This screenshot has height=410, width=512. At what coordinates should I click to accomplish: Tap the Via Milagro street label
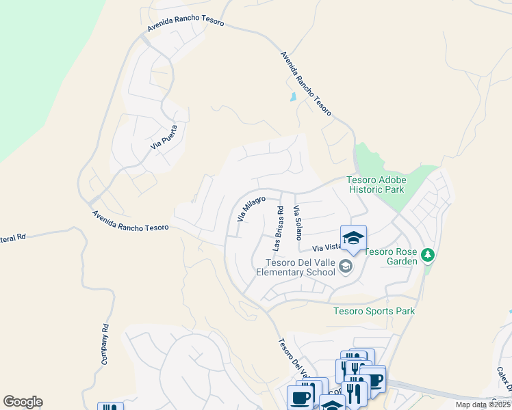[251, 208]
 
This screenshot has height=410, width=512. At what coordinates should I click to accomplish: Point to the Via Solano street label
[298, 223]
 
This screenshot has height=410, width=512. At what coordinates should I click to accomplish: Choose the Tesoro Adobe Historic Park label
[376, 184]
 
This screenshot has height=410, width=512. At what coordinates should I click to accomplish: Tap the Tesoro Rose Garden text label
[391, 256]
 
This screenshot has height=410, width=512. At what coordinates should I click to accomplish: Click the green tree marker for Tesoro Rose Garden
[428, 255]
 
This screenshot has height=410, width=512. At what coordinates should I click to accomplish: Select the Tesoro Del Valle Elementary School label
[296, 267]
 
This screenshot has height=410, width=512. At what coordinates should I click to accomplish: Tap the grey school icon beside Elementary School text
[346, 266]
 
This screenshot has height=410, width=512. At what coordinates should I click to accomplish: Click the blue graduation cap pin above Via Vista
[353, 238]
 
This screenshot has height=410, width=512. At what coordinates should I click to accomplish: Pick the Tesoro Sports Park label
[374, 311]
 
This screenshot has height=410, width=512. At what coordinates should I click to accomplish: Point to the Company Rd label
[106, 343]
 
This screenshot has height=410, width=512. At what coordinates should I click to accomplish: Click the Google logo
[23, 402]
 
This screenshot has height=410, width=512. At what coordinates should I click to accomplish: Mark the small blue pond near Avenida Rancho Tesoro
[294, 96]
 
